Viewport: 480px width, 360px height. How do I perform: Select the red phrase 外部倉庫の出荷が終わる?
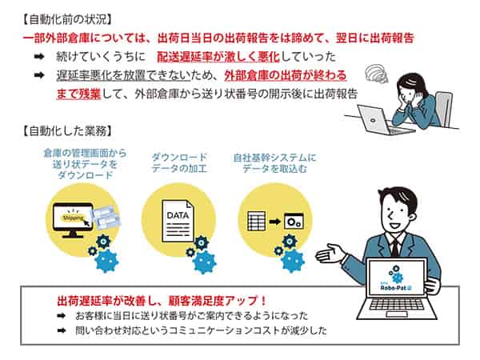[x=286, y=76]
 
